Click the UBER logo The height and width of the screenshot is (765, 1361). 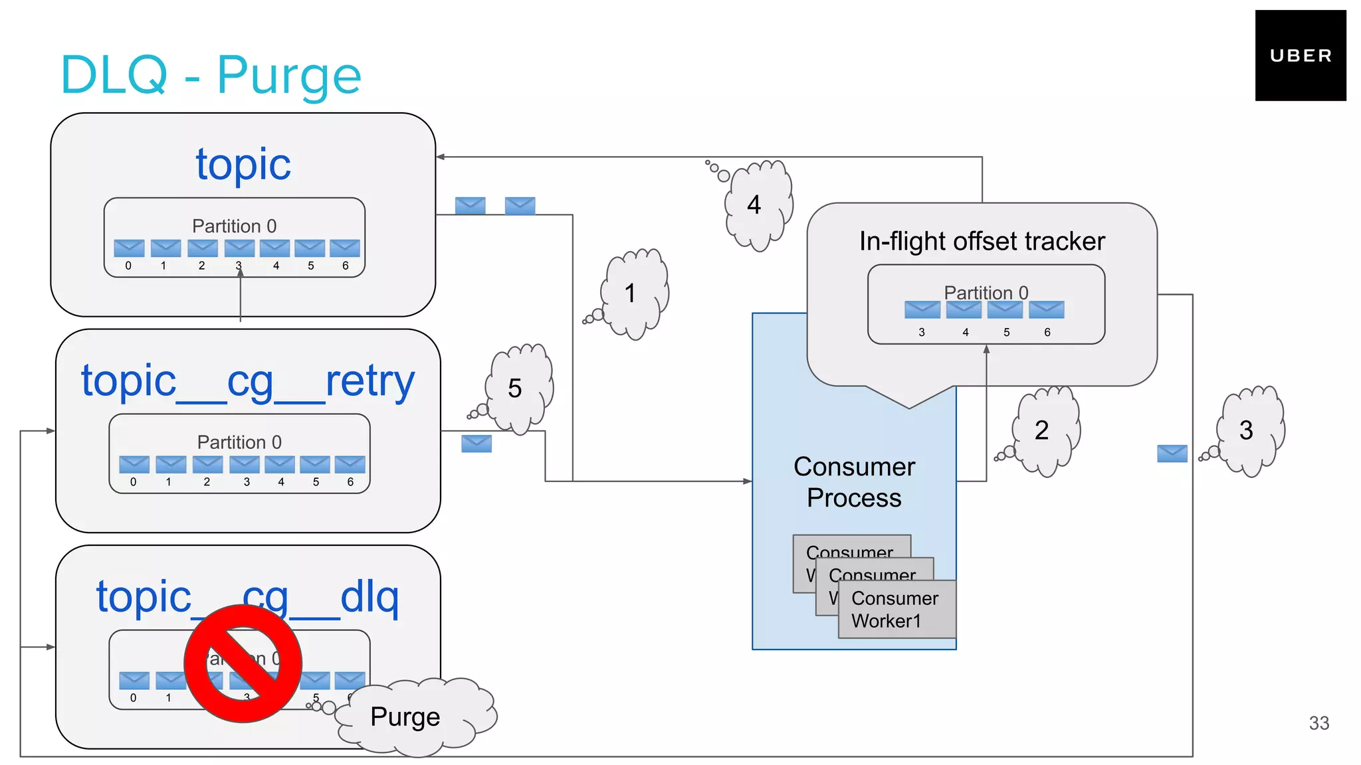click(1300, 56)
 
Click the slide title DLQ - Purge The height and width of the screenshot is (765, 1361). click(211, 75)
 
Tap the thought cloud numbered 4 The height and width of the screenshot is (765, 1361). click(758, 205)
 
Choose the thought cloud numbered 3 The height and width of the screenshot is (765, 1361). click(1249, 430)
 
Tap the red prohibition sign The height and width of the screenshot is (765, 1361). click(243, 663)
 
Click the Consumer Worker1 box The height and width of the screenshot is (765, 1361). click(896, 609)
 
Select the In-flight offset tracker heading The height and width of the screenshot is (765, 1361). click(982, 241)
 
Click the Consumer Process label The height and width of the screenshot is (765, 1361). click(854, 482)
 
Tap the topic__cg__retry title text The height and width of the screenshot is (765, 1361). click(248, 381)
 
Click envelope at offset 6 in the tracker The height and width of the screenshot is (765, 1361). click(1046, 309)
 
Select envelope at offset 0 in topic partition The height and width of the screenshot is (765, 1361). click(129, 248)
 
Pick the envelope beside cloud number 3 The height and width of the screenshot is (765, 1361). click(1172, 454)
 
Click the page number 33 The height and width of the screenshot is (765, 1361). click(1318, 723)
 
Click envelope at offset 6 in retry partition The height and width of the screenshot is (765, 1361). click(350, 464)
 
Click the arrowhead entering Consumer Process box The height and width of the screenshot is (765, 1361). click(748, 481)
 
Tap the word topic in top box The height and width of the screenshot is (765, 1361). click(243, 164)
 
